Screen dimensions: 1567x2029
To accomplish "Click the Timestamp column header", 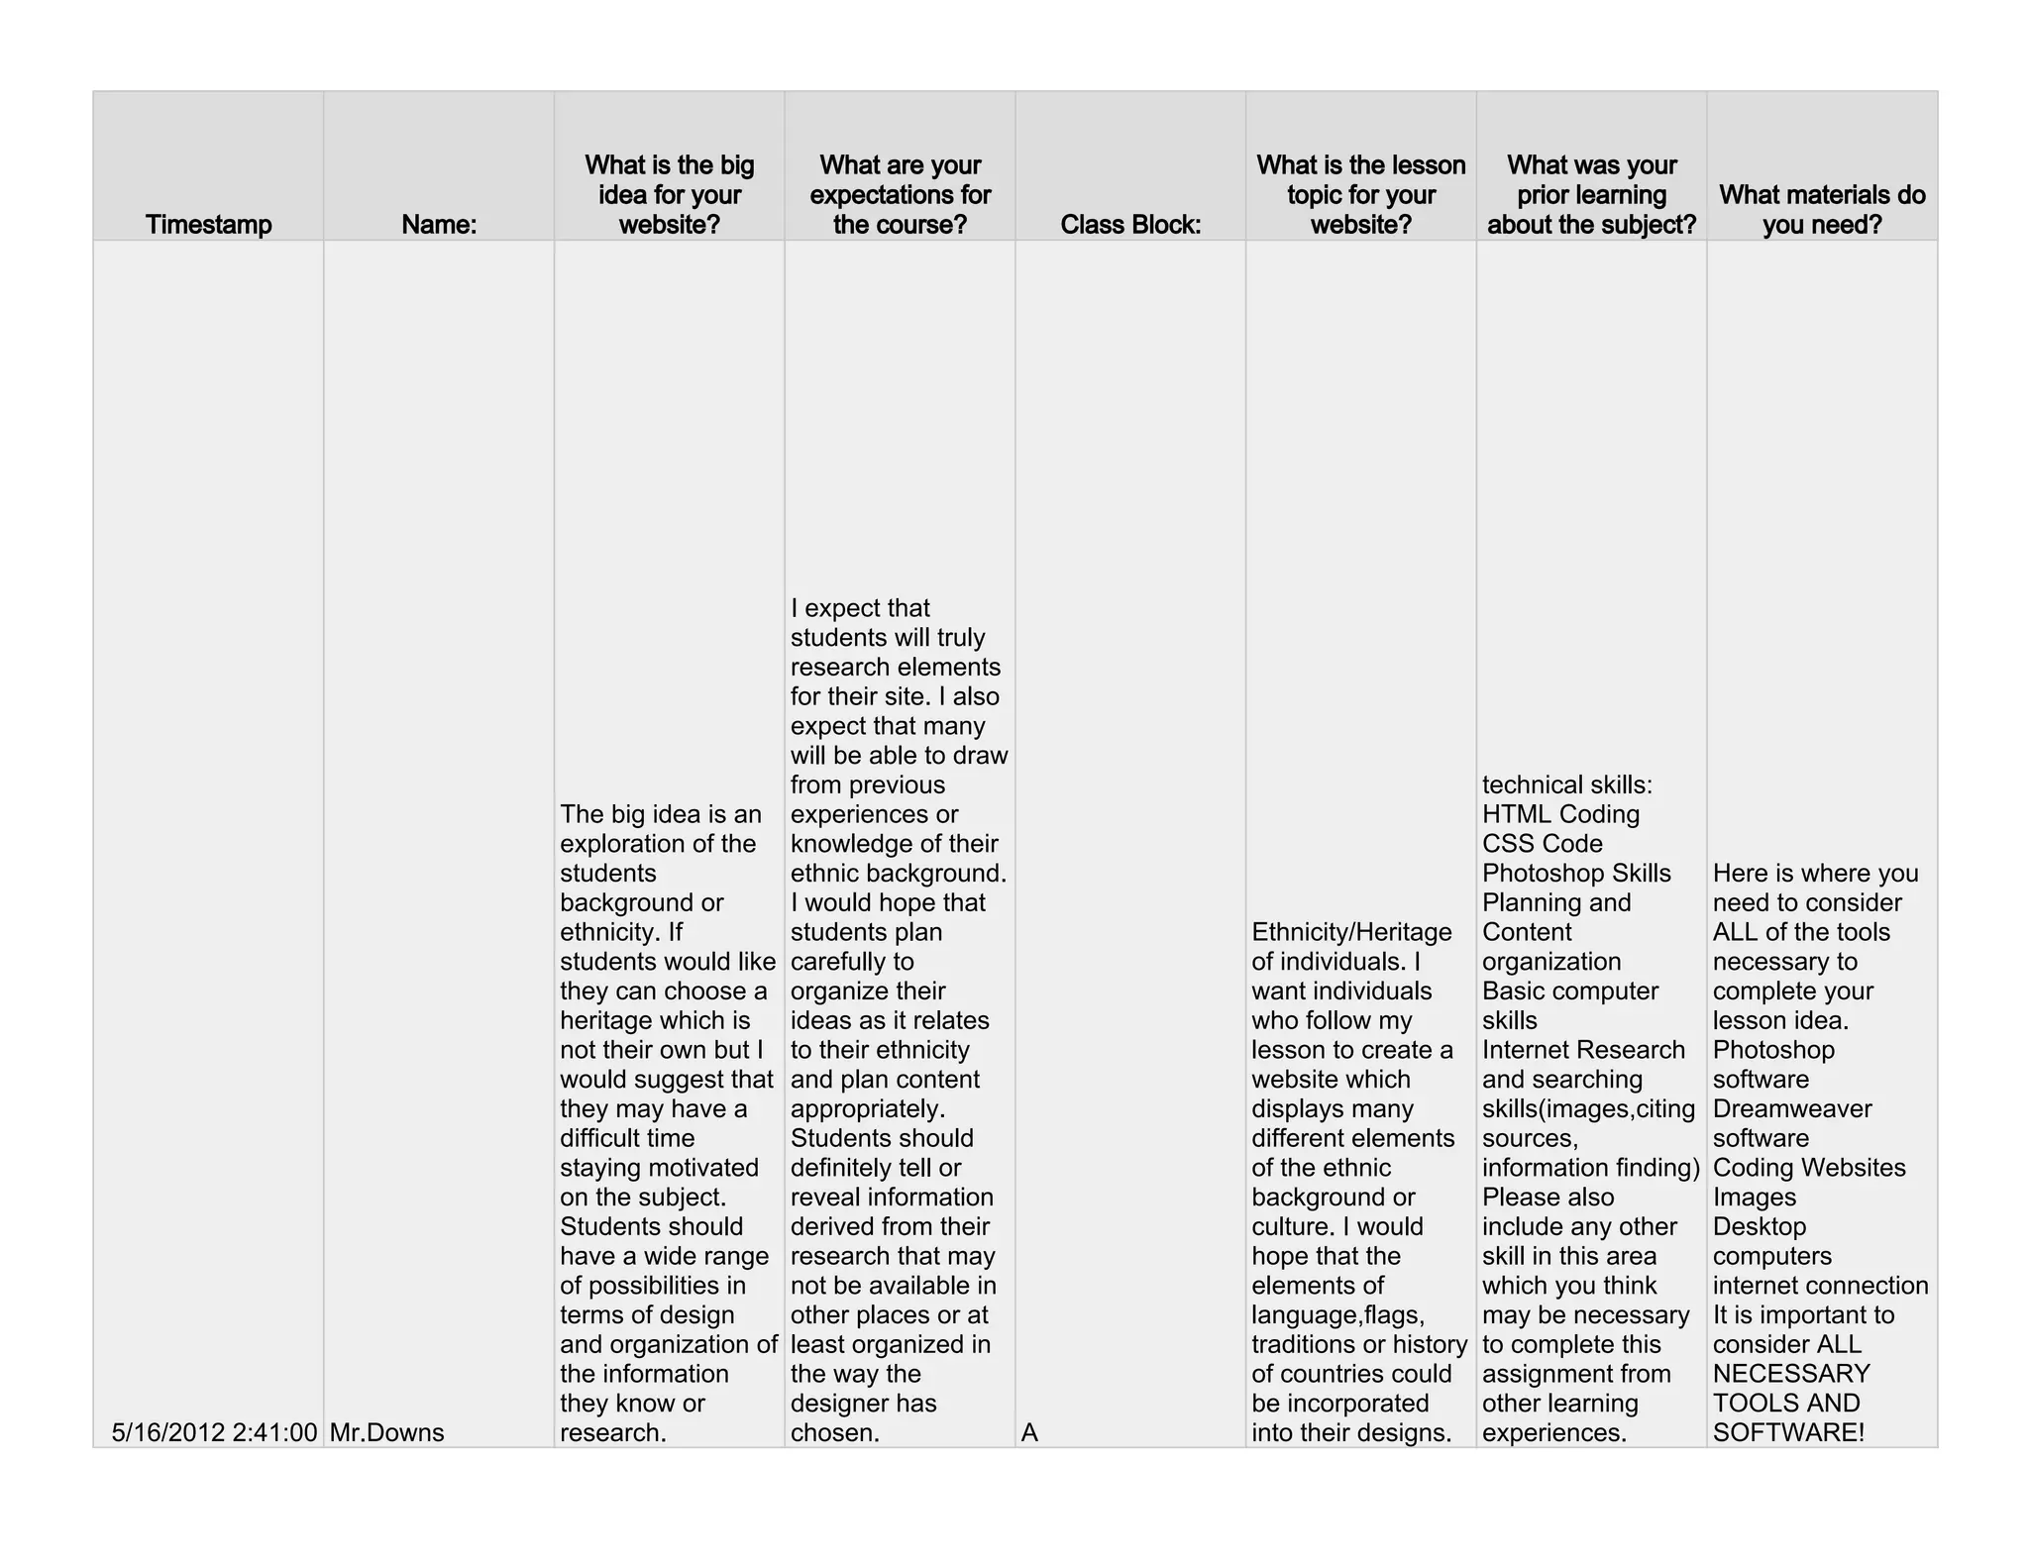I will point(208,225).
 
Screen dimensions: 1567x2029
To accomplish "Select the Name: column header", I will point(439,225).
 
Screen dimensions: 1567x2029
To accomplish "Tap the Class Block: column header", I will point(1130,225).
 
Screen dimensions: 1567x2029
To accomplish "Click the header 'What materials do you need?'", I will point(1822,209).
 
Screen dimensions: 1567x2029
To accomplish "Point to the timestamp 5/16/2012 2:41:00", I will point(214,1432).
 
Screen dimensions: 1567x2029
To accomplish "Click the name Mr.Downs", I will point(386,1432).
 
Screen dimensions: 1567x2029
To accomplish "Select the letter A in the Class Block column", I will point(1029,1432).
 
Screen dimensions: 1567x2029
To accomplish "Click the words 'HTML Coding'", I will point(1560,814).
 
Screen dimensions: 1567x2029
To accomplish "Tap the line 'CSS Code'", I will point(1542,844).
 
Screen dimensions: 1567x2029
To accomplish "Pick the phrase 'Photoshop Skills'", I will point(1576,873).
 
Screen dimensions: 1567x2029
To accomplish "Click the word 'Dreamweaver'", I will point(1792,1108).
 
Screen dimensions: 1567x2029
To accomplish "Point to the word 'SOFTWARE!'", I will point(1788,1432).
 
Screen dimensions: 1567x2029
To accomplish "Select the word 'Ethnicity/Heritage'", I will point(1351,932).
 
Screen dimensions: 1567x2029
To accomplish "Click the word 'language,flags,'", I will point(1337,1314).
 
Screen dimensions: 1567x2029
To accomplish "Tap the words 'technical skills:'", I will point(1567,784).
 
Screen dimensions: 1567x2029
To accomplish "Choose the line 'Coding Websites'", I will point(1809,1167).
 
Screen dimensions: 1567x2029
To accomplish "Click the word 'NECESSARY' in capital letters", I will point(1791,1374).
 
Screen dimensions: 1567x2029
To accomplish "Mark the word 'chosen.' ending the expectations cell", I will point(835,1432).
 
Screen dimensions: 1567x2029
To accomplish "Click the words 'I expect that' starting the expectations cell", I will point(860,608).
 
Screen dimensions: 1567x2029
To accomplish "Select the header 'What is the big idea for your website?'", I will point(670,195).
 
